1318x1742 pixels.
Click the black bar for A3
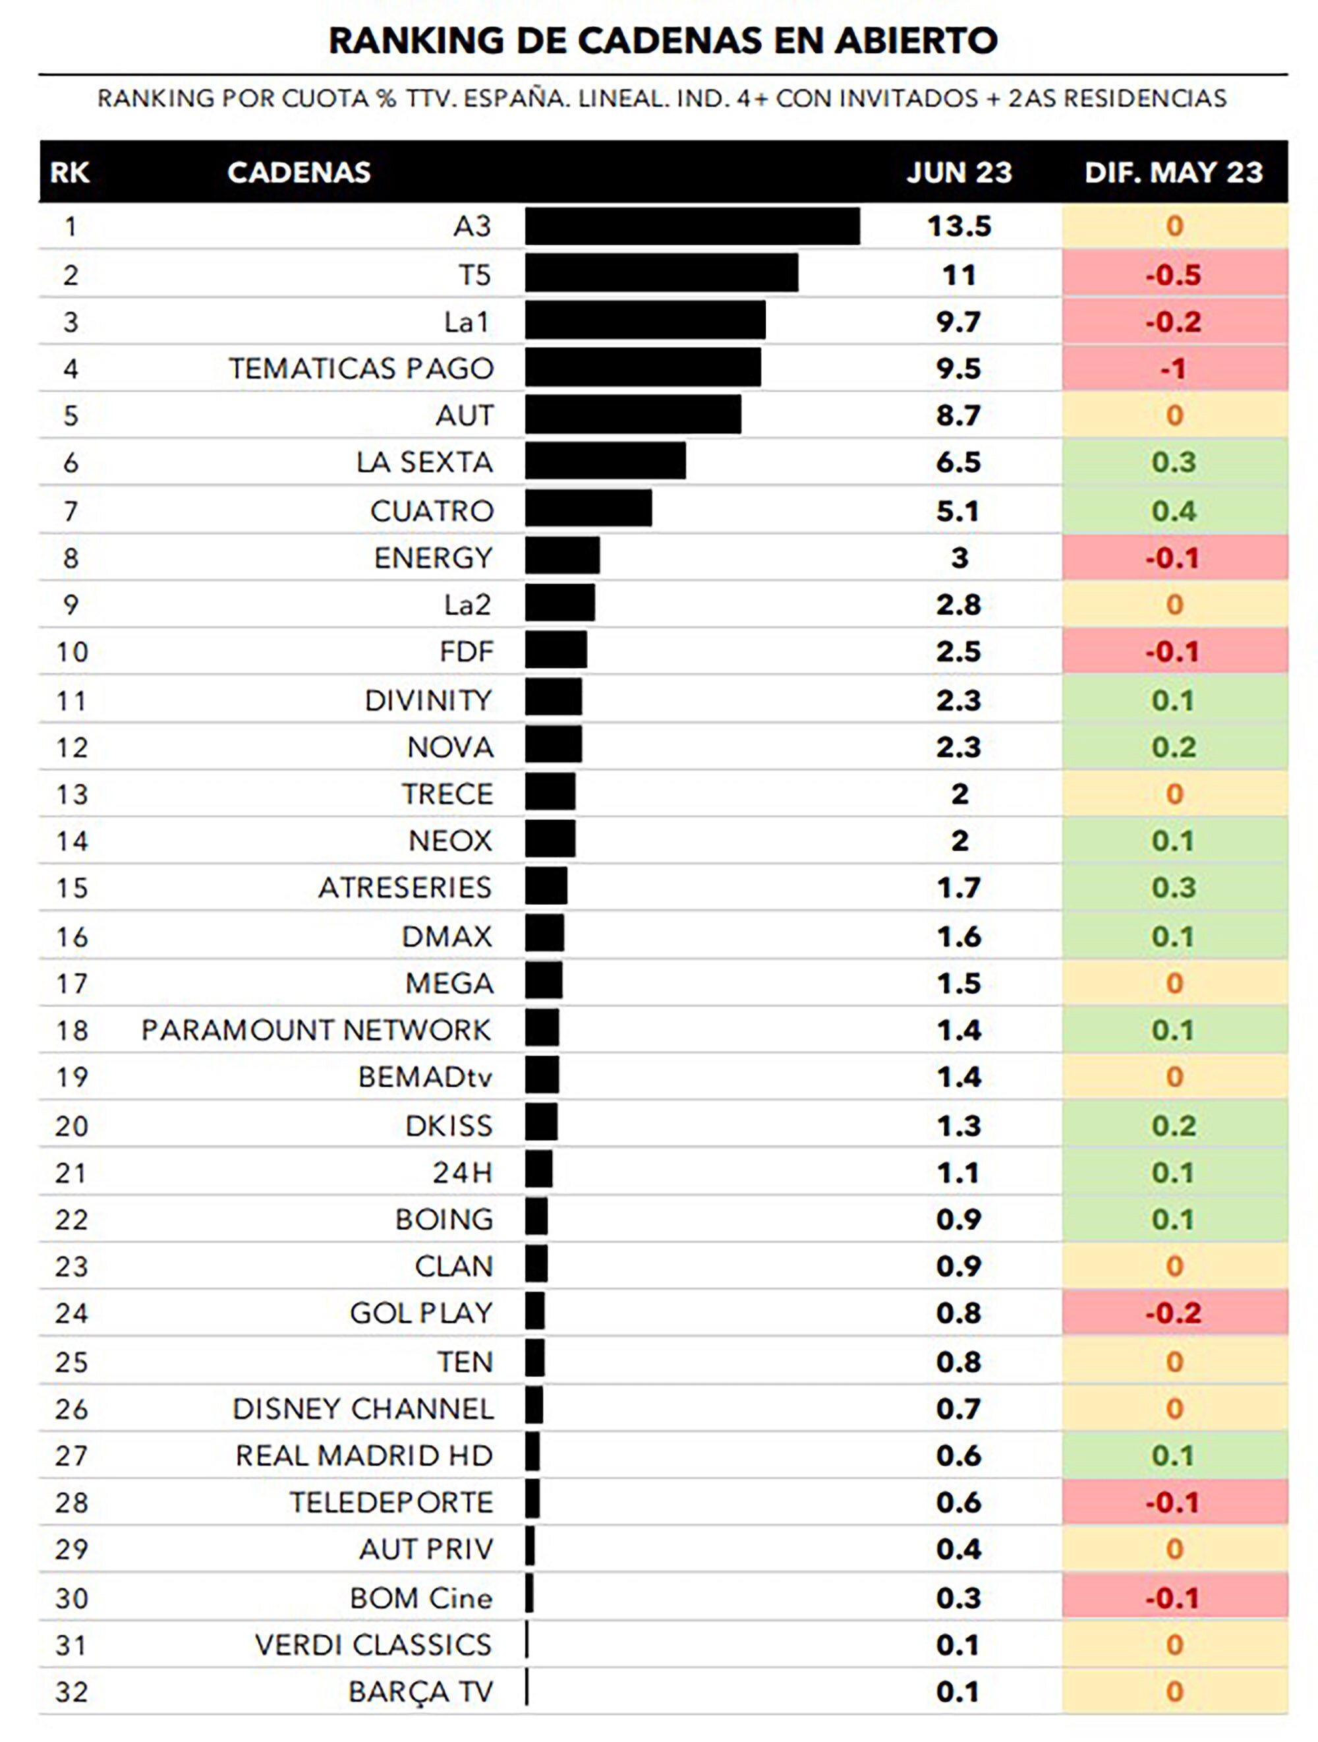click(691, 226)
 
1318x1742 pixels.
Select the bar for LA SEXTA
click(605, 461)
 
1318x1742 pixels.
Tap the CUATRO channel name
click(432, 511)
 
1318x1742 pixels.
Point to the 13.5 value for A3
click(958, 226)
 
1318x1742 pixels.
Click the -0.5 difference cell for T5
click(1173, 275)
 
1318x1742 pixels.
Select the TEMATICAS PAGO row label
click(360, 369)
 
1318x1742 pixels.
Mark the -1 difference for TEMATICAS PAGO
click(1173, 369)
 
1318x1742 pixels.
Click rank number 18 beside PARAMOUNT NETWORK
click(72, 1030)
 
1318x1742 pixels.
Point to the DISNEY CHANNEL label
click(363, 1408)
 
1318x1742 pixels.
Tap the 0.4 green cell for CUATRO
click(1173, 511)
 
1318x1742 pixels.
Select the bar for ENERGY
click(562, 556)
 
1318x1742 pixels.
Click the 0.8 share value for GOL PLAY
click(958, 1313)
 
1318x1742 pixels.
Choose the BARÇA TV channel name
click(420, 1692)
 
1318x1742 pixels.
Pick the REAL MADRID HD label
click(364, 1455)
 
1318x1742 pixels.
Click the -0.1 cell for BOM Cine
click(1173, 1598)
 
